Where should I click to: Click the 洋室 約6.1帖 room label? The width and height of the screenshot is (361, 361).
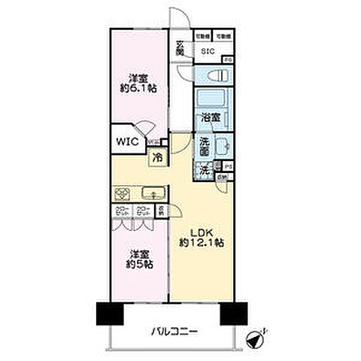pos(136,82)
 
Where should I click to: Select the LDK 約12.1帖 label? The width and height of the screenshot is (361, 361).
pos(199,237)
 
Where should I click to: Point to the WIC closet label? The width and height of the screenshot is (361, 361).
pos(126,141)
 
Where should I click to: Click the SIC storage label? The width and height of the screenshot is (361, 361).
pos(208,50)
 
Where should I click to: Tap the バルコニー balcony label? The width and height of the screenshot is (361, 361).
pos(174,329)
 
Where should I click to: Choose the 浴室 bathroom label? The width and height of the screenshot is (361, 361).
pos(211,118)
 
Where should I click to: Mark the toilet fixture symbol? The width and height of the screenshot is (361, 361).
pos(214,75)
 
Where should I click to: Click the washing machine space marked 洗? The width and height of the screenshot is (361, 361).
pos(204,170)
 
